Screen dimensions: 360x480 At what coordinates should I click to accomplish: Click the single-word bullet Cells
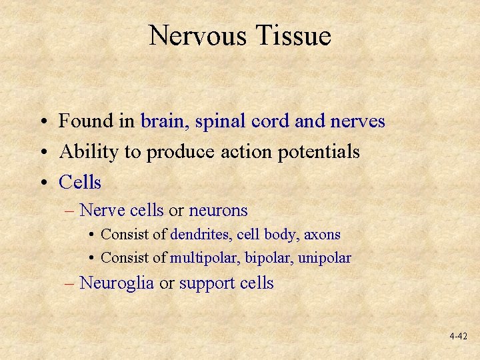80,182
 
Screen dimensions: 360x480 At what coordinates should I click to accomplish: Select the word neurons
218,211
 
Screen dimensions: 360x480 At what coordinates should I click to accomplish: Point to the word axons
323,235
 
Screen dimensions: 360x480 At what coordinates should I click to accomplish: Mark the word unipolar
325,258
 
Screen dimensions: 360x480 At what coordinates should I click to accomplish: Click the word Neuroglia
117,283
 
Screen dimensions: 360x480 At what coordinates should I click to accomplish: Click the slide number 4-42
458,337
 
